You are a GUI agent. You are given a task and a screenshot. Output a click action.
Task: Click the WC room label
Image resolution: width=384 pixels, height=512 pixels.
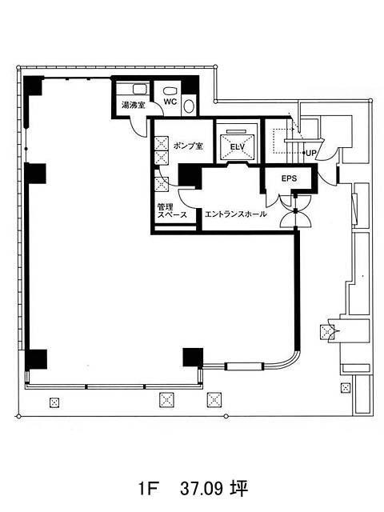click(x=170, y=102)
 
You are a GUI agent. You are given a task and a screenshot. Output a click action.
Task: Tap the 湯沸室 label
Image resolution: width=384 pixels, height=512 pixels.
click(x=134, y=105)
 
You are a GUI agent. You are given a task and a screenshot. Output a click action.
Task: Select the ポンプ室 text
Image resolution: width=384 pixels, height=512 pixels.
click(x=188, y=146)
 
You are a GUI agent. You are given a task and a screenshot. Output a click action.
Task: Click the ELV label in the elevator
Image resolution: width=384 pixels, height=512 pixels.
click(x=238, y=147)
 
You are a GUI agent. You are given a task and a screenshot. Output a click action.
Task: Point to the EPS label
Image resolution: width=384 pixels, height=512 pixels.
click(x=290, y=178)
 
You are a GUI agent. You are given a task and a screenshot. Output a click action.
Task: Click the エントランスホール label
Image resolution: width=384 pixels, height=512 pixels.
click(x=235, y=214)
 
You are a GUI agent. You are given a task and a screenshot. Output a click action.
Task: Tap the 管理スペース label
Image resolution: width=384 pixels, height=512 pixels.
click(x=172, y=210)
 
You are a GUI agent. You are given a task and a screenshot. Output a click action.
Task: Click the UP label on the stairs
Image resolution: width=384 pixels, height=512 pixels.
click(x=311, y=153)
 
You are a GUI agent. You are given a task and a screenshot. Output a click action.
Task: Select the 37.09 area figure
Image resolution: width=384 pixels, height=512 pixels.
click(x=202, y=489)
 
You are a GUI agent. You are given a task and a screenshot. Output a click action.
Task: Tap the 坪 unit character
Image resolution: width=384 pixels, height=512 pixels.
click(x=240, y=488)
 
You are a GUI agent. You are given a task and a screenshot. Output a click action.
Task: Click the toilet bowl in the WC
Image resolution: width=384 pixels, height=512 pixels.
click(x=170, y=90)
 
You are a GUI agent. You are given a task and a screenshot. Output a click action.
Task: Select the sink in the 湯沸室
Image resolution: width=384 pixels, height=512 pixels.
click(x=141, y=90)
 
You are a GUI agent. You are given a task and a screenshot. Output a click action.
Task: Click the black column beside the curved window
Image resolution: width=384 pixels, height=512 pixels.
click(x=193, y=358)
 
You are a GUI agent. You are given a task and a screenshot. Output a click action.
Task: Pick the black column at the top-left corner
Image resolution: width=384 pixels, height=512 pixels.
click(x=33, y=86)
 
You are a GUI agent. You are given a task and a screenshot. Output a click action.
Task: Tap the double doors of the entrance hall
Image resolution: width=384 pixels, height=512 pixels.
click(x=295, y=211)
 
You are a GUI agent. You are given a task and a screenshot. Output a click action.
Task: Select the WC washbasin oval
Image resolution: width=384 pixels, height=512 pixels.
click(x=189, y=106)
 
